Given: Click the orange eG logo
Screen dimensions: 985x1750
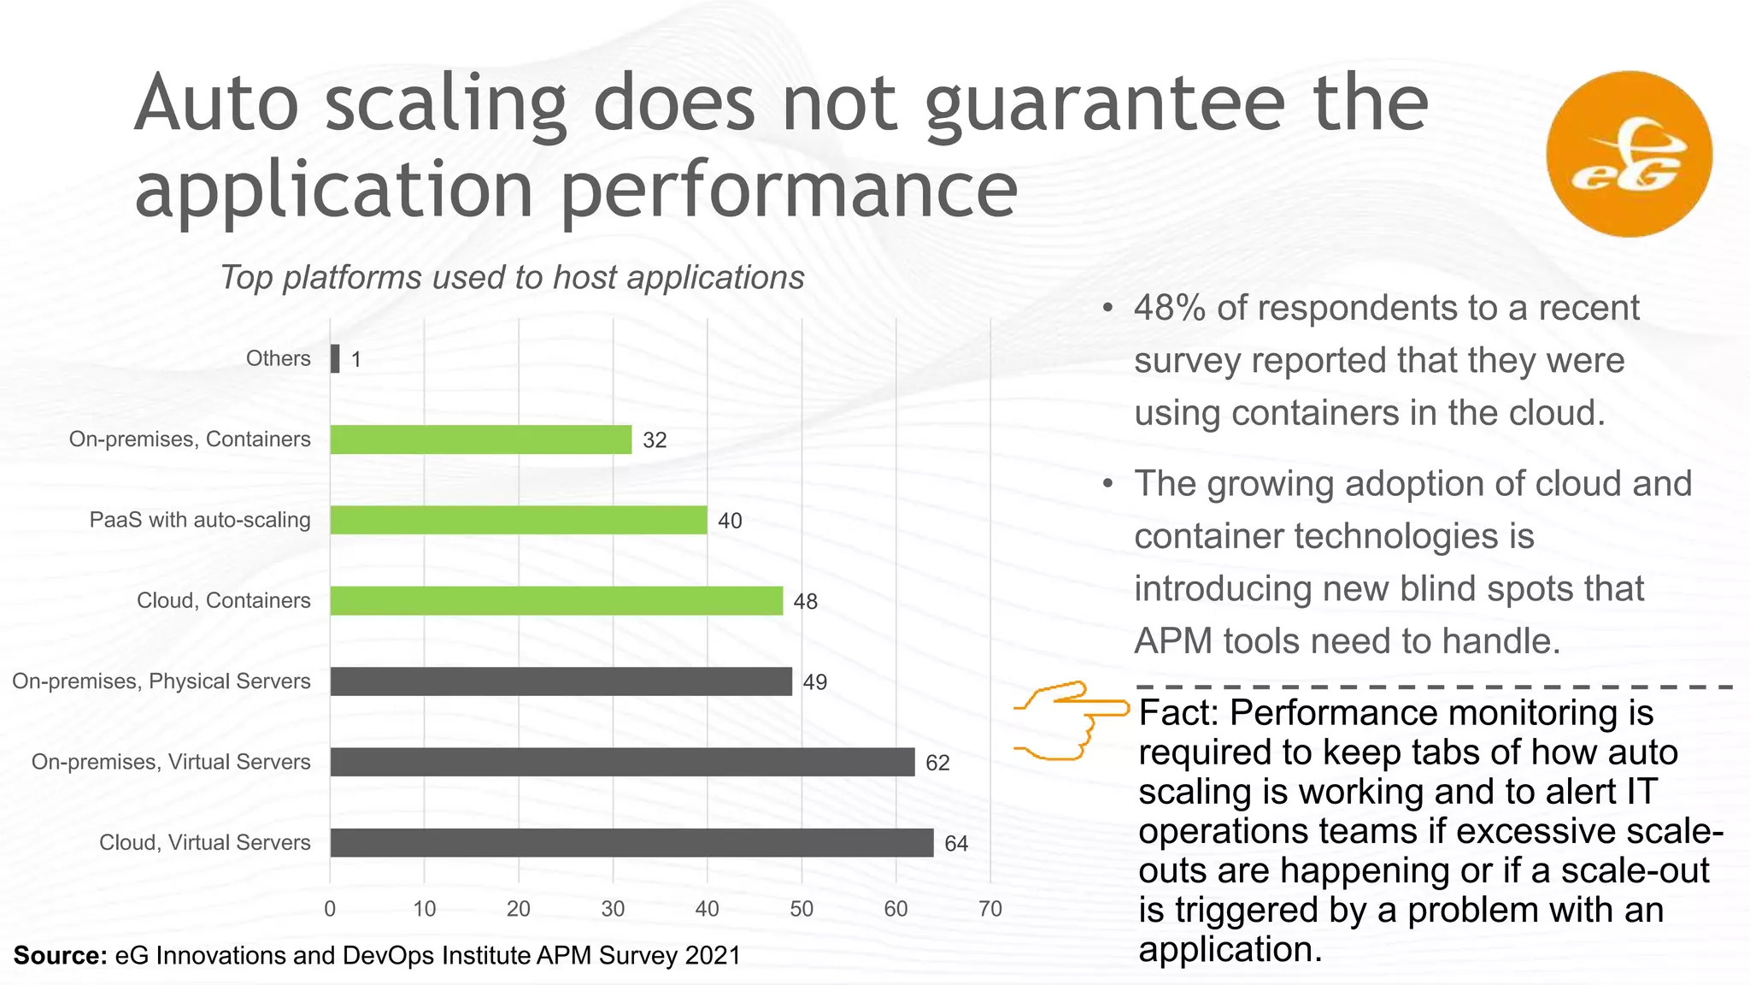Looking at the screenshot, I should (1629, 154).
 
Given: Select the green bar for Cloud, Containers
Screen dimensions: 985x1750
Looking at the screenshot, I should (556, 600).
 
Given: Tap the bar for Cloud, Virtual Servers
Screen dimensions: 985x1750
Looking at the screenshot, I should (631, 842).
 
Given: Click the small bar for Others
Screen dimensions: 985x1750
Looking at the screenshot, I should (335, 358).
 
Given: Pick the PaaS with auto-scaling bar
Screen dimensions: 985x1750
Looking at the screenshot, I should (519, 520).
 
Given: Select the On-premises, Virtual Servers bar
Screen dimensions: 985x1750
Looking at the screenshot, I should (622, 762).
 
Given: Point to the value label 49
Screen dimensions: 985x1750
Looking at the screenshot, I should (814, 682).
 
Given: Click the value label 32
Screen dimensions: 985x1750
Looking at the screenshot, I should (655, 440).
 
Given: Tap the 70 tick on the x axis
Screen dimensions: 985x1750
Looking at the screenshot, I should (990, 909).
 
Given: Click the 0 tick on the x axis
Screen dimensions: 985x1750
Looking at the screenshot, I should (330, 909).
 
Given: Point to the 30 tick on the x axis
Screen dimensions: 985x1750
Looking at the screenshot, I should (613, 909).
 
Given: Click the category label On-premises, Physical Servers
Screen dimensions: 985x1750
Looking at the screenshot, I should (161, 681).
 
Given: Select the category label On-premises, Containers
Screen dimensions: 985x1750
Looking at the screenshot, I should (190, 439).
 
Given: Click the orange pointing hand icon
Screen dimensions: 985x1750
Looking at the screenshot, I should (1071, 720).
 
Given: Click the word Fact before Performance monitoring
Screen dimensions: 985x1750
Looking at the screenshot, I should (1178, 712).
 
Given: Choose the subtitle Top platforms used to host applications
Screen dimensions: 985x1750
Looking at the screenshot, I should (512, 278).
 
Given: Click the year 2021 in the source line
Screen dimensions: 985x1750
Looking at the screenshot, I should (712, 955).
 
